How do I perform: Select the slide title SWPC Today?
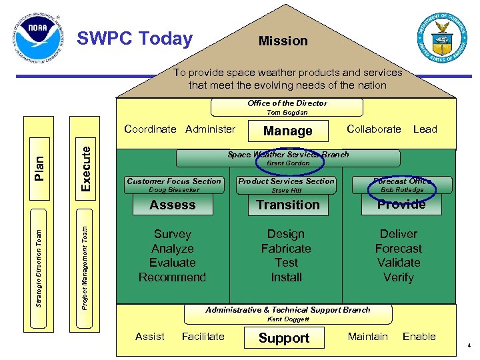tap(135, 39)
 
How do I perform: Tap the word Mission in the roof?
tap(283, 41)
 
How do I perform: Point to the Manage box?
tap(287, 131)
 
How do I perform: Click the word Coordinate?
tap(151, 129)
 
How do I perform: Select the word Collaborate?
tap(374, 129)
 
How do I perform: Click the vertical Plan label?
tap(39, 162)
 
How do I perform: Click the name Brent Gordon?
tap(288, 163)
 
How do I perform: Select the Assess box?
tap(173, 205)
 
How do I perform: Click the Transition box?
tap(288, 205)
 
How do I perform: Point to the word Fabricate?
tap(286, 249)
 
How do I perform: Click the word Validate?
tap(399, 263)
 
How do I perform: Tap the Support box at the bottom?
tap(284, 338)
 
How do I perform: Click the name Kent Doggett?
tap(288, 319)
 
